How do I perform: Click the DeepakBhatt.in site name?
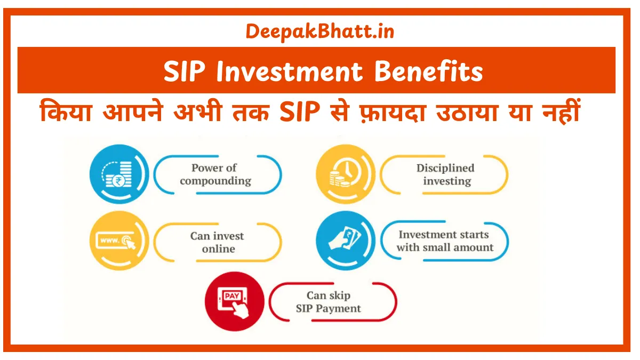(320, 31)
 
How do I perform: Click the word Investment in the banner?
(292, 71)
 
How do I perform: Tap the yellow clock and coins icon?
(345, 174)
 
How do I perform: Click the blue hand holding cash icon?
(346, 241)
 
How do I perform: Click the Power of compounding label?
(215, 174)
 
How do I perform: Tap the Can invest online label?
(217, 242)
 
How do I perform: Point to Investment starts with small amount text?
(444, 241)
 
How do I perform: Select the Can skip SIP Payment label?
(329, 302)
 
